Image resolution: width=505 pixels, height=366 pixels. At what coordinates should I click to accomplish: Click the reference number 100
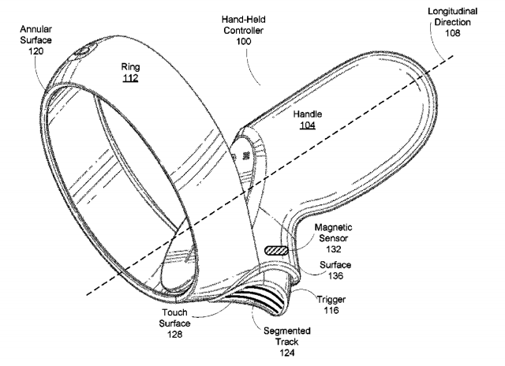[244, 42]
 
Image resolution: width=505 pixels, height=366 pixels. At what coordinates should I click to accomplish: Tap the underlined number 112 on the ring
[130, 78]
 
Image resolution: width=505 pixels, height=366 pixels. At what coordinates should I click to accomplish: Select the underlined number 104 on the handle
[307, 125]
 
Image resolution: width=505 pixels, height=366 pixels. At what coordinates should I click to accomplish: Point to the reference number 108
[452, 33]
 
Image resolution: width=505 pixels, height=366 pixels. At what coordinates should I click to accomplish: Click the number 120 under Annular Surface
[36, 51]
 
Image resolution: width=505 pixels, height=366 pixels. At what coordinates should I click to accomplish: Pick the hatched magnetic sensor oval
[276, 250]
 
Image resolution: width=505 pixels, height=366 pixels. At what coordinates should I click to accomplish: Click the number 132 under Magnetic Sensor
[333, 249]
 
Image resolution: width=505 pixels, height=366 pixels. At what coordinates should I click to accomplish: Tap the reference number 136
[335, 275]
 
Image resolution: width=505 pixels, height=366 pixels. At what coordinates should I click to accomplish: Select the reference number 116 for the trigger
[331, 310]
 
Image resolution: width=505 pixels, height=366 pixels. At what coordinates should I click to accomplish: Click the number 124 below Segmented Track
[286, 353]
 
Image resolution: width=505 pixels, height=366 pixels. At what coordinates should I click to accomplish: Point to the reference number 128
[174, 334]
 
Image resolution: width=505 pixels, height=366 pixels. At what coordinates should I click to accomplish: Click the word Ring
[130, 67]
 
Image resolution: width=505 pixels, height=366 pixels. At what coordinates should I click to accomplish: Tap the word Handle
[307, 114]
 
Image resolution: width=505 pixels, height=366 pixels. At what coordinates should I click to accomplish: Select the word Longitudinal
[452, 12]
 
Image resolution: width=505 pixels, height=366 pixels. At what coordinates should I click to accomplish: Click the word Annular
[36, 29]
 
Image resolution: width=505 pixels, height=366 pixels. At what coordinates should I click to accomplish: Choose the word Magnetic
[333, 228]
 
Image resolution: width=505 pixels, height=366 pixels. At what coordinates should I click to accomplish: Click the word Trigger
[331, 300]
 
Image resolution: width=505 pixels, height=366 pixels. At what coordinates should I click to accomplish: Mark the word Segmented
[287, 331]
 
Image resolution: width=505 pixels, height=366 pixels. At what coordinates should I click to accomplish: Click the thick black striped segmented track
[258, 296]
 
